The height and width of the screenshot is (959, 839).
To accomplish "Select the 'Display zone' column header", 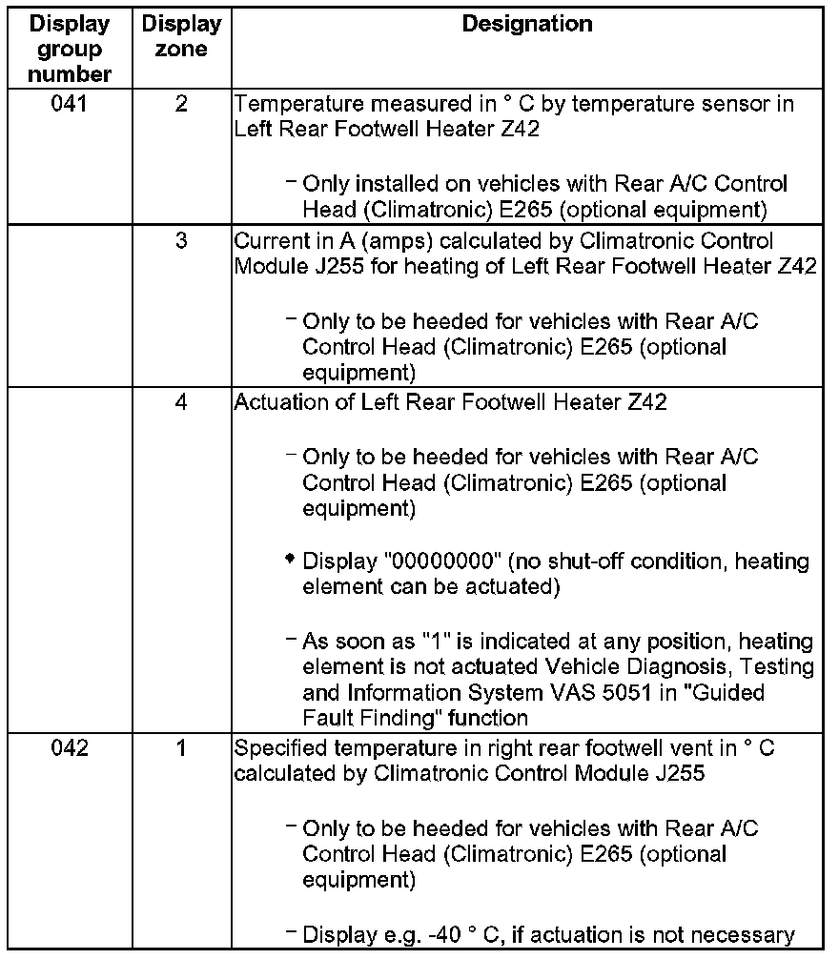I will [181, 36].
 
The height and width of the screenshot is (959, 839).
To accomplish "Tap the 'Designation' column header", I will [526, 24].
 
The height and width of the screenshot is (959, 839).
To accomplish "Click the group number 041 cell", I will [70, 104].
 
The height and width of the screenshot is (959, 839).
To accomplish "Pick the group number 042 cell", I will [70, 748].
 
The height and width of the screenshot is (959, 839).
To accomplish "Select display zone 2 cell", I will [181, 104].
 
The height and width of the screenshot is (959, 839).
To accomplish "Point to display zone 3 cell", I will [181, 240].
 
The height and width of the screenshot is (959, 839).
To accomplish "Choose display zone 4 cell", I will [181, 402].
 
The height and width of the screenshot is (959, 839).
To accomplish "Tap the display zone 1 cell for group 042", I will [181, 748].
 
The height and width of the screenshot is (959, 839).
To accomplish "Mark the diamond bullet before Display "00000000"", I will [290, 560].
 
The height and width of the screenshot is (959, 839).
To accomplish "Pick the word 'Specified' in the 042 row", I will [276, 748].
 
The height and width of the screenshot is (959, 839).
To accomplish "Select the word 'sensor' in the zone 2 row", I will [741, 104].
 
